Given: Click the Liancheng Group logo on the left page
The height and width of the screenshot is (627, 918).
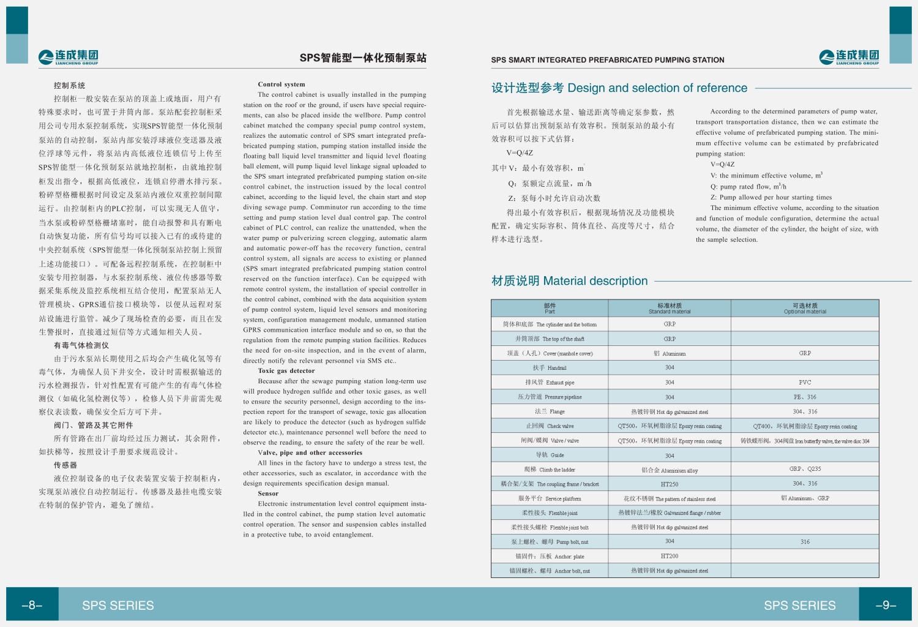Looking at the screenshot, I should click(68, 57).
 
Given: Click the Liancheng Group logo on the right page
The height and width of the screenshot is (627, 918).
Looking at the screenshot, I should click(849, 57).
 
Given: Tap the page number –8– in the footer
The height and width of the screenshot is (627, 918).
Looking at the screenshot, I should click(32, 605).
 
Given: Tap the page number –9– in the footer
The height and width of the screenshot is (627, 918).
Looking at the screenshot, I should click(886, 605).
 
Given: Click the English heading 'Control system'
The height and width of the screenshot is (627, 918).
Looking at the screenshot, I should click(282, 84).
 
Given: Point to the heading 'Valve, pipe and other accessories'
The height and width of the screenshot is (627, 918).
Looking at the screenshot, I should click(310, 452).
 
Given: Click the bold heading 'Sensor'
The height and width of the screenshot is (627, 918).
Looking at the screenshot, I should click(268, 493).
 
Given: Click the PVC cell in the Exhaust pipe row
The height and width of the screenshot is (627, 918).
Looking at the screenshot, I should click(805, 382).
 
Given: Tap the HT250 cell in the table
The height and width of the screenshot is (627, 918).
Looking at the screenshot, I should click(670, 484).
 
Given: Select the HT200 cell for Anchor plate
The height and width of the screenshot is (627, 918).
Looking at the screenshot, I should click(670, 556).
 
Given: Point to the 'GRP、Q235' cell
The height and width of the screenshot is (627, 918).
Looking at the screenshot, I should click(805, 469).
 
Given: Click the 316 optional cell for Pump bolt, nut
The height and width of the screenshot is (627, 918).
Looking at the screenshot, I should click(805, 542).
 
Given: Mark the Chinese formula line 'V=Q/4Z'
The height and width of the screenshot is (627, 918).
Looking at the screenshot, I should click(520, 153).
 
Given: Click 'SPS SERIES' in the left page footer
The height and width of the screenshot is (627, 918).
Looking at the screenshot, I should click(118, 606).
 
